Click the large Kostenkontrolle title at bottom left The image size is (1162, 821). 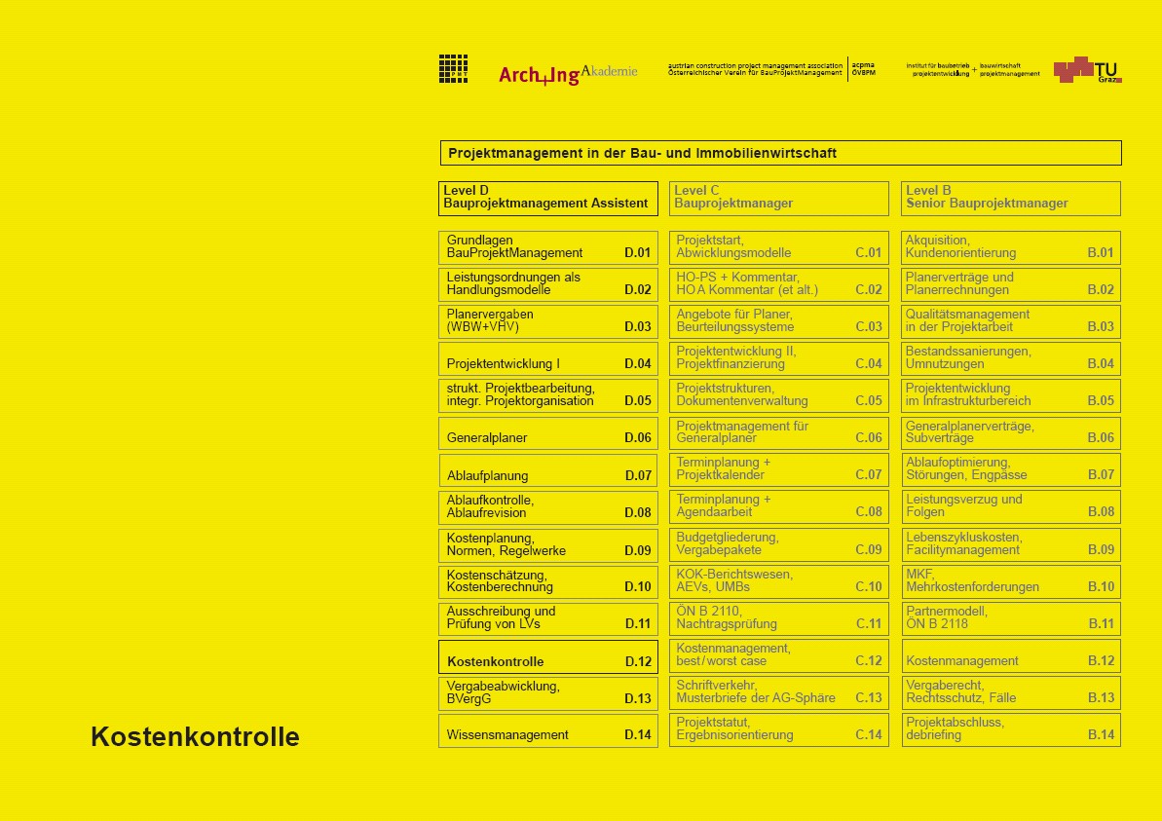pyautogui.click(x=195, y=737)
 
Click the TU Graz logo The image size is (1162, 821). pyautogui.click(x=1087, y=70)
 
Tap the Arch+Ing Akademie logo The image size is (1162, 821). pyautogui.click(x=568, y=73)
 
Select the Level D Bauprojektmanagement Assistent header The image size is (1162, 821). pyautogui.click(x=547, y=198)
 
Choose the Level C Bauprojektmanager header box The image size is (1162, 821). pyautogui.click(x=778, y=198)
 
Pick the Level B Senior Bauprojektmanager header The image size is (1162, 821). pyautogui.click(x=1010, y=198)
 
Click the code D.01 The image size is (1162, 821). pyautogui.click(x=637, y=253)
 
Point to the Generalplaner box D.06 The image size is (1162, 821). pyautogui.click(x=547, y=433)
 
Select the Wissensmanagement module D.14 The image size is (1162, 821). pyautogui.click(x=547, y=731)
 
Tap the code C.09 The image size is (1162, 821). pyautogui.click(x=868, y=550)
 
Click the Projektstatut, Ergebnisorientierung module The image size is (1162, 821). pyautogui.click(x=778, y=729)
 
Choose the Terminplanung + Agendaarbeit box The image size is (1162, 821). pyautogui.click(x=778, y=506)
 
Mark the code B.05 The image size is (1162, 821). pyautogui.click(x=1101, y=401)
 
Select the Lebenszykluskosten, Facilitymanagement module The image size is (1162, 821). pyautogui.click(x=1010, y=544)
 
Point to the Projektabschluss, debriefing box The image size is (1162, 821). pyautogui.click(x=1010, y=729)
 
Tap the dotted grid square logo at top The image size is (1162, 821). pyautogui.click(x=453, y=68)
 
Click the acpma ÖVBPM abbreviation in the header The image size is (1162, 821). pyautogui.click(x=863, y=69)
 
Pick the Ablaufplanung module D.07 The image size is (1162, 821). pyautogui.click(x=547, y=470)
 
